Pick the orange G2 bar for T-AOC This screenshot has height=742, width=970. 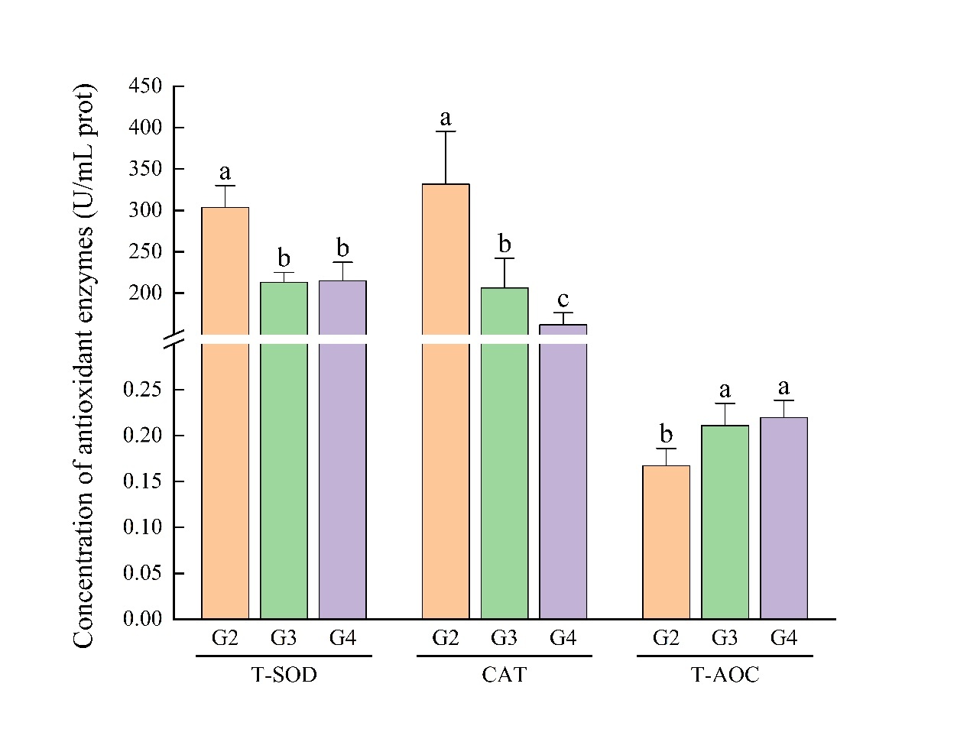666,542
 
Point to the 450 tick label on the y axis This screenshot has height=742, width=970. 145,86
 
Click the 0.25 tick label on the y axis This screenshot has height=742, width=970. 142,390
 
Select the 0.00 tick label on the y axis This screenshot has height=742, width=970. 142,618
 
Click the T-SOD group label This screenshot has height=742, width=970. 284,675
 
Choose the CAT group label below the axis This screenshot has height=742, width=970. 504,675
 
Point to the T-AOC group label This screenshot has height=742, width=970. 725,675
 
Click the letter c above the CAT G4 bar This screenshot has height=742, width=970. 563,300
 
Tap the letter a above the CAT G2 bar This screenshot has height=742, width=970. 446,118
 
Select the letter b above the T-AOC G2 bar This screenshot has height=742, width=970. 666,434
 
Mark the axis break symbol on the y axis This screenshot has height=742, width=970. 174,339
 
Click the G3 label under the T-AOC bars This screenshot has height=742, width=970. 725,638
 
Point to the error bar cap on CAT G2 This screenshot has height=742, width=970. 446,131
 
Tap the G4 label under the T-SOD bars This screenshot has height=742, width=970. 342,638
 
